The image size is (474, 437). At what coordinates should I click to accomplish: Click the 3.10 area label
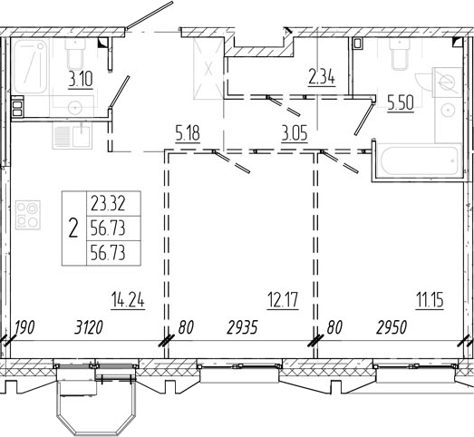(x=81, y=80)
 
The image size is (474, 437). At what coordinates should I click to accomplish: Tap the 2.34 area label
(x=322, y=77)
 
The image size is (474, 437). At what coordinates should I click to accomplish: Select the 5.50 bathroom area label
(x=401, y=103)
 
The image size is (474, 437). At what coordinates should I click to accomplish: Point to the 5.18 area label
(x=188, y=133)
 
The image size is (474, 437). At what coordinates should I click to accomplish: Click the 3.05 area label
(x=295, y=133)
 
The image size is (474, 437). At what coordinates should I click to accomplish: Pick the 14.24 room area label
(x=128, y=300)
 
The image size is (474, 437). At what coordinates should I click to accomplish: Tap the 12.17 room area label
(x=283, y=300)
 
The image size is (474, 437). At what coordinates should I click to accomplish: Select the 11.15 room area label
(x=430, y=300)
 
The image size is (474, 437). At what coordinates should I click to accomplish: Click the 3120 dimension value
(x=89, y=327)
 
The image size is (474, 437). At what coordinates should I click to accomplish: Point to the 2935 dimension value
(x=242, y=327)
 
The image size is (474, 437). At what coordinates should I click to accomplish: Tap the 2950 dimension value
(x=392, y=327)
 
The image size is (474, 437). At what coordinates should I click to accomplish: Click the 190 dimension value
(x=24, y=327)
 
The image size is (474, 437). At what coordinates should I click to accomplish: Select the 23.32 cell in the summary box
(x=108, y=204)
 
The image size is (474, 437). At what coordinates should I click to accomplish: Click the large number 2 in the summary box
(x=73, y=228)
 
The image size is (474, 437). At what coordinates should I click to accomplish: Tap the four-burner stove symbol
(x=28, y=215)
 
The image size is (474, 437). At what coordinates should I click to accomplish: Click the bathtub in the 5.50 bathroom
(x=420, y=160)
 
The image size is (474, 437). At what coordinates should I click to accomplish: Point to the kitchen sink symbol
(x=72, y=135)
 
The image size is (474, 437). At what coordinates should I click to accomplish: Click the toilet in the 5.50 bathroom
(x=400, y=53)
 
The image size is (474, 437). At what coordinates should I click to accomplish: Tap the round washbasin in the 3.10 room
(x=74, y=107)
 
